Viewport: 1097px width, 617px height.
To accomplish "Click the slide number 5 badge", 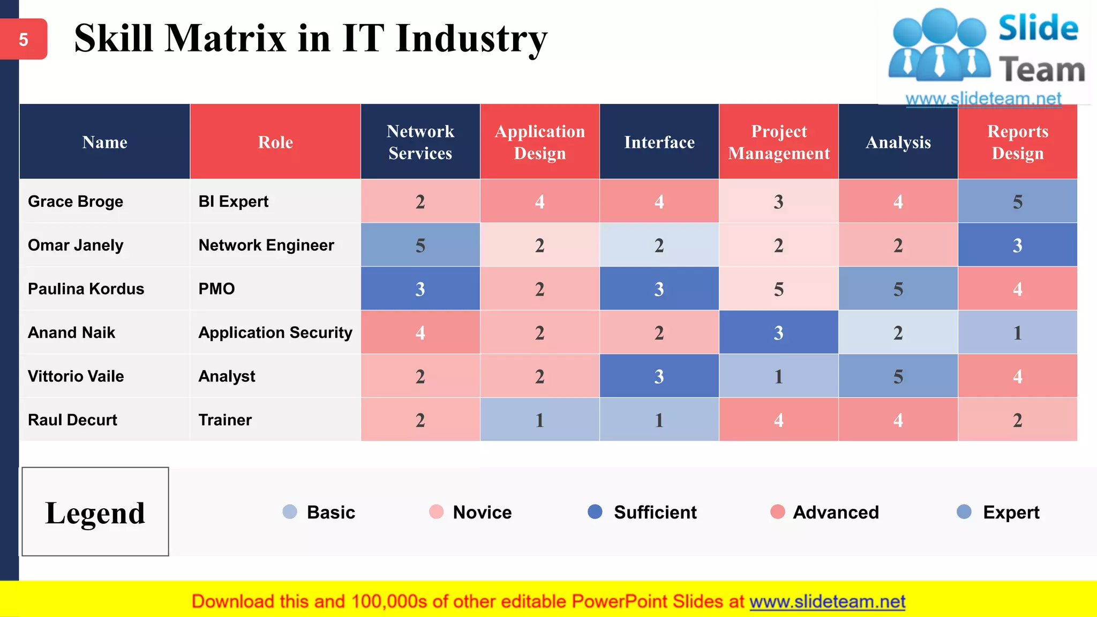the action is coord(24,39).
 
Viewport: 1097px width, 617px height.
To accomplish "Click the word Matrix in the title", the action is coord(225,39).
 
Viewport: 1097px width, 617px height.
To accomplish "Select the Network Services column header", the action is coord(420,142).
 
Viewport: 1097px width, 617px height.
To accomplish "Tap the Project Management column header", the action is coord(779,142).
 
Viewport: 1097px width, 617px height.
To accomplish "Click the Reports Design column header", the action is coord(1017,142).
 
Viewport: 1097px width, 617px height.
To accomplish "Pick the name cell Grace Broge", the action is coord(76,201).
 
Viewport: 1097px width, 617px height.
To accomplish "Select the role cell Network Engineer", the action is coord(266,245).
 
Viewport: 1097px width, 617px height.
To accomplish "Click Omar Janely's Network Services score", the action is coord(420,245).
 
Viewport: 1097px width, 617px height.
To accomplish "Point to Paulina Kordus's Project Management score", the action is coord(779,289).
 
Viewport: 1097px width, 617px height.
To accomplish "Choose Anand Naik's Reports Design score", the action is coord(1017,333).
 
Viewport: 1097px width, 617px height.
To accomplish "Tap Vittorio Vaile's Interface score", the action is coord(659,377).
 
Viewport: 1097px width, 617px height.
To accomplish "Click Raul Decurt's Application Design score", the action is coord(539,420).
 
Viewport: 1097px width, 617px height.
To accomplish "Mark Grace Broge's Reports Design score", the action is coord(1017,201).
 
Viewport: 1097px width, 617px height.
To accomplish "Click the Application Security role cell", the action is coord(275,333).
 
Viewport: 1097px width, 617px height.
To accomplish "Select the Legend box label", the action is coord(95,512).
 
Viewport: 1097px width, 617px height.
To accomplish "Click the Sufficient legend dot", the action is coord(595,511).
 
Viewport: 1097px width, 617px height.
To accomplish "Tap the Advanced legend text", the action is coord(836,512).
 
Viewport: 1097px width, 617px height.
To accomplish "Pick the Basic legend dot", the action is coord(289,511).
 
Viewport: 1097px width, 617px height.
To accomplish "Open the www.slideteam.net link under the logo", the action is coord(983,99).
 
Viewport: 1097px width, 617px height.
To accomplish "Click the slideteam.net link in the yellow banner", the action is coord(827,601).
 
